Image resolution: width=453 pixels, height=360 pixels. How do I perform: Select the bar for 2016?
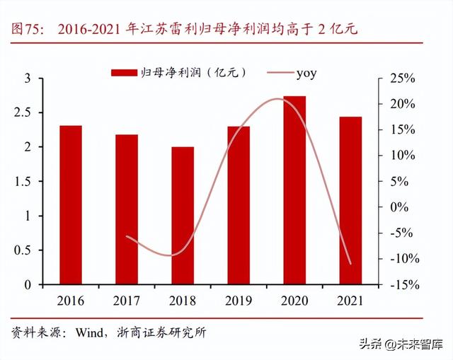[x=70, y=205]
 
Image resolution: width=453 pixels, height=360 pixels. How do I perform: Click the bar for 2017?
[x=127, y=209]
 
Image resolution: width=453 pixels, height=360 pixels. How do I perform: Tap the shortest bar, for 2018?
[x=183, y=216]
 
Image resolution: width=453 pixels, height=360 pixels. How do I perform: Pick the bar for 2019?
[x=239, y=205]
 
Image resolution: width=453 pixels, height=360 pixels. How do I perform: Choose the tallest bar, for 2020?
[x=294, y=190]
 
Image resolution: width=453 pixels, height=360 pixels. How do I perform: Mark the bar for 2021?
[x=350, y=201]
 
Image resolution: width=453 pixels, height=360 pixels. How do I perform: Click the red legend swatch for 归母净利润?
[x=124, y=73]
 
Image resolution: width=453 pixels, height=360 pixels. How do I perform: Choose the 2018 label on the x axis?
[x=183, y=301]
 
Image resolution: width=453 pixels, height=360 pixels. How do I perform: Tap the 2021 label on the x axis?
[x=350, y=301]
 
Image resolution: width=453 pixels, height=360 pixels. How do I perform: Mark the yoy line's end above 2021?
[x=350, y=264]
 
